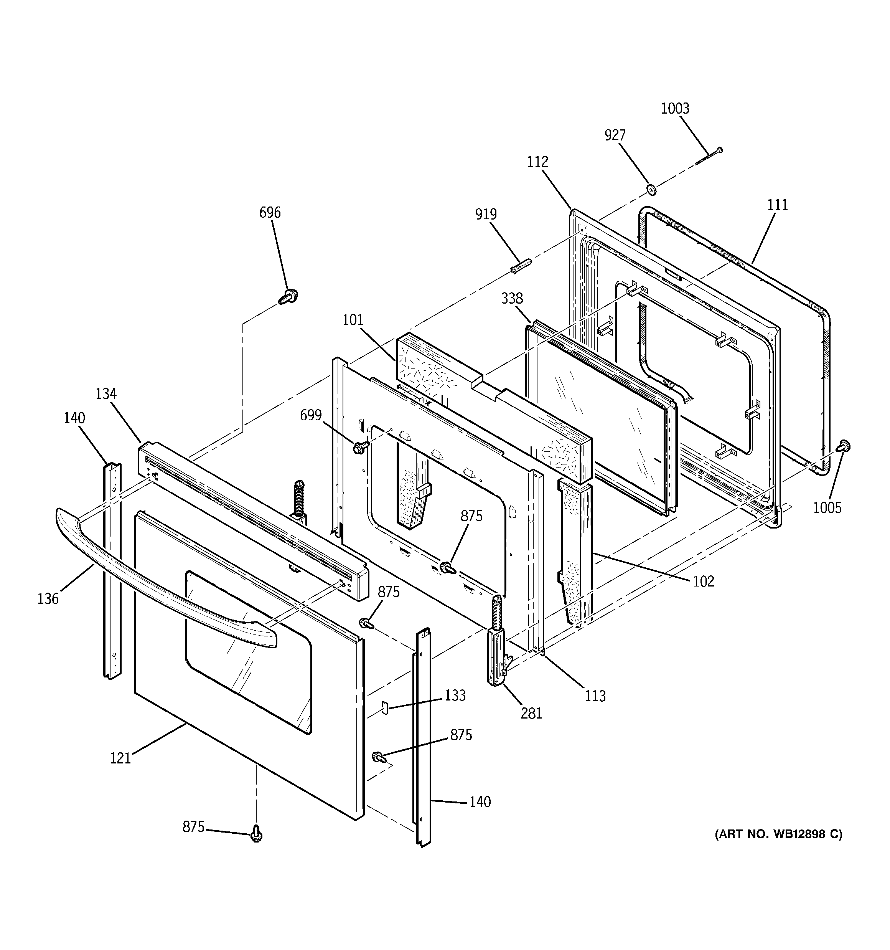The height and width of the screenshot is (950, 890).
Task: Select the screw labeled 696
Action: (288, 296)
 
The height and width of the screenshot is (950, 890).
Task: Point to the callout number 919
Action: (485, 214)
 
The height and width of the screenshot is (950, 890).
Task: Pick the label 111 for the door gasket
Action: (777, 205)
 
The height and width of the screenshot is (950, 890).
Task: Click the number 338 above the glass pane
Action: (512, 299)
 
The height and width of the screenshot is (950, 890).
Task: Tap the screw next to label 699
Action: (360, 447)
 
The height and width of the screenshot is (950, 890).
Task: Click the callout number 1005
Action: (827, 507)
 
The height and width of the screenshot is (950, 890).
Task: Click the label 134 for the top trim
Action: (105, 394)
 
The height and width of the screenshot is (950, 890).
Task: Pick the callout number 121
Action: (120, 758)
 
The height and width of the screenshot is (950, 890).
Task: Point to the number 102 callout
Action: (703, 581)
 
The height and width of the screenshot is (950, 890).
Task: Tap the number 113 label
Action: (595, 696)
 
